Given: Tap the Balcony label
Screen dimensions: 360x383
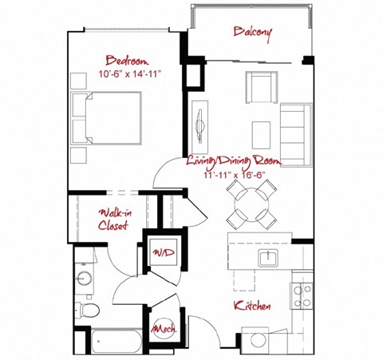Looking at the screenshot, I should (252, 33).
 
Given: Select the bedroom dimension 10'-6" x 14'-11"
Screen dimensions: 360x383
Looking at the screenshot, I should (124, 74).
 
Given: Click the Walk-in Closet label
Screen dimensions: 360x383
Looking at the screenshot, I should (114, 219).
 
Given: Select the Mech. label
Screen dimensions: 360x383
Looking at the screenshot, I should (164, 328).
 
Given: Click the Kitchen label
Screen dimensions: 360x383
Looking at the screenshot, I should (251, 307).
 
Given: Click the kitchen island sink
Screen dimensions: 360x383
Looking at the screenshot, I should (268, 257).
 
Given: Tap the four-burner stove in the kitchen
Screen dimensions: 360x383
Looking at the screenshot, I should (302, 296).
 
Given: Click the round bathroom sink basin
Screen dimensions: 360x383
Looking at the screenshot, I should (85, 279).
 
